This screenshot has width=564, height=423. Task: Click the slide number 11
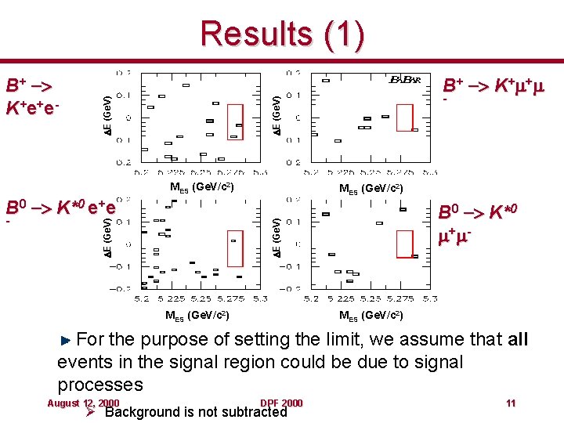pyautogui.click(x=510, y=403)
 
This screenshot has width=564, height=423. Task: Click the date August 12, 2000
pyautogui.click(x=83, y=403)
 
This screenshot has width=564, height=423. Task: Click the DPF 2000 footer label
pyautogui.click(x=281, y=403)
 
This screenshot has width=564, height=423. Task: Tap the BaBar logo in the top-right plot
pyautogui.click(x=405, y=80)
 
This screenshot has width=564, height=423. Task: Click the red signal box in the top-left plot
pyautogui.click(x=235, y=121)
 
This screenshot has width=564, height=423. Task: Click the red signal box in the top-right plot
pyautogui.click(x=404, y=117)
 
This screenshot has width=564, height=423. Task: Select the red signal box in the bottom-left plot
pyautogui.click(x=235, y=249)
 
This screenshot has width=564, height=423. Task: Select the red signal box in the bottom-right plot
pyautogui.click(x=404, y=244)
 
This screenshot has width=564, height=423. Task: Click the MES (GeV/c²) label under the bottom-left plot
pyautogui.click(x=197, y=316)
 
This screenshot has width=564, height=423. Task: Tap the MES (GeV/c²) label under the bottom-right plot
pyautogui.click(x=371, y=316)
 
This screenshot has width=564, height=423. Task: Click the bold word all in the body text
pyautogui.click(x=518, y=340)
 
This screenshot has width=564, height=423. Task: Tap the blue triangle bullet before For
pyautogui.click(x=67, y=340)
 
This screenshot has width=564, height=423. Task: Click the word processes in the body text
pyautogui.click(x=100, y=385)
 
